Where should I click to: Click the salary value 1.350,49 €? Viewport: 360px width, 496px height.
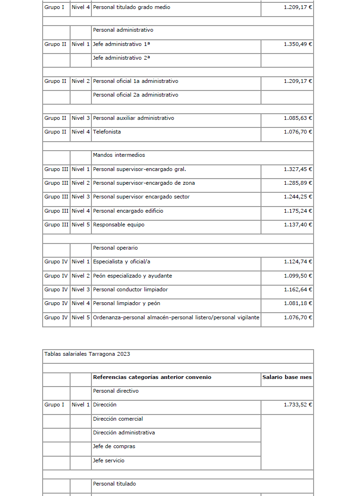tap(298, 44)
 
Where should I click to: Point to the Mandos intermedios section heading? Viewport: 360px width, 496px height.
tap(119, 155)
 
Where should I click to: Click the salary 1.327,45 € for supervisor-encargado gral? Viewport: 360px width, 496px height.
tap(298, 169)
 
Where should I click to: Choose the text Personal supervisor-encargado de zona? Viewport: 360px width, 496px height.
tap(144, 183)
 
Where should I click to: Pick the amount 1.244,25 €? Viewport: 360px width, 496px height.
tap(298, 197)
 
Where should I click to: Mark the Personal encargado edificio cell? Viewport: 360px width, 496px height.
tap(128, 211)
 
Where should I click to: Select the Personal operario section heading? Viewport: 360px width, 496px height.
tap(115, 248)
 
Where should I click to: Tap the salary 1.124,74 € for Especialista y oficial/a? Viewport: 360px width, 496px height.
tap(298, 262)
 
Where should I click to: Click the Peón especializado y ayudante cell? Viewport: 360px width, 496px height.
tap(133, 276)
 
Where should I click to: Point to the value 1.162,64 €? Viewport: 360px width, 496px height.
tap(298, 289)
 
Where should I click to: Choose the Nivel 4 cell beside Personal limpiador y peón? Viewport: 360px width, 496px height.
tap(81, 303)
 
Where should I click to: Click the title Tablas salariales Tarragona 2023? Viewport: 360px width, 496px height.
tap(87, 354)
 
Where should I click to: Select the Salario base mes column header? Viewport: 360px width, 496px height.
tap(287, 377)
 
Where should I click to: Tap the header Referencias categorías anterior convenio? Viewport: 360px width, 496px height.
tap(152, 377)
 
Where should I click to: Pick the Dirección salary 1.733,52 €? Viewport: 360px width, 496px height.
tap(298, 405)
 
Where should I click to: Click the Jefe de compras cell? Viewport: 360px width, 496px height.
tap(114, 446)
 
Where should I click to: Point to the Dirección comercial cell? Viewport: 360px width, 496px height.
tap(118, 419)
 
